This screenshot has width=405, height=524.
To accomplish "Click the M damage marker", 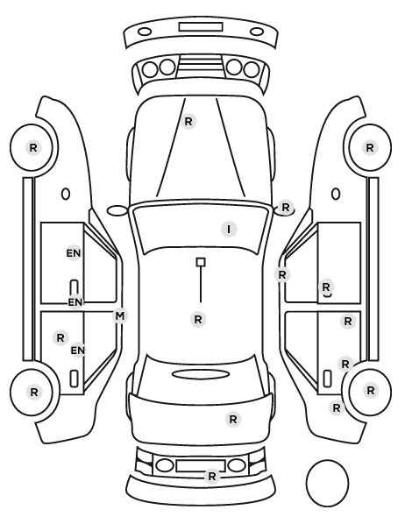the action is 120,315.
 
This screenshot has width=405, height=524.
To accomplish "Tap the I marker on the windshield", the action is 229,230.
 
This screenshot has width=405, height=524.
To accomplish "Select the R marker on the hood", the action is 188,121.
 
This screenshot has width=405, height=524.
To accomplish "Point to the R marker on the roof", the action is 198,319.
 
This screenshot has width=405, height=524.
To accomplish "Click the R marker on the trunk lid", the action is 233,419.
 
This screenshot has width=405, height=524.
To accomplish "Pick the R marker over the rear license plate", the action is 211,476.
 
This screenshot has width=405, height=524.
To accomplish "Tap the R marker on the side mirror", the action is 285,207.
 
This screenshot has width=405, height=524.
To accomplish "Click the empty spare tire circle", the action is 327,483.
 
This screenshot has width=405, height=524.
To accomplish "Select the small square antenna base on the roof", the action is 201,262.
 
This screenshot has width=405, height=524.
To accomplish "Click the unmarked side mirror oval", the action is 117,210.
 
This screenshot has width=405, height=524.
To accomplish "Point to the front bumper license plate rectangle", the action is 201,27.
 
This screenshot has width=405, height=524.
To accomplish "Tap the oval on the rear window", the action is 201,374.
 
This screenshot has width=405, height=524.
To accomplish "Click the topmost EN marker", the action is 74,253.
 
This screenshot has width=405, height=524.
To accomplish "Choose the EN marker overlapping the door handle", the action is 75,302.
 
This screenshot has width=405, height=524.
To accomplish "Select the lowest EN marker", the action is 78,351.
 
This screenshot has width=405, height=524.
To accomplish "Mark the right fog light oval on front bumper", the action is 257,32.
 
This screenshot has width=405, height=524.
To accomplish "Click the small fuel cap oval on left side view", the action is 66,194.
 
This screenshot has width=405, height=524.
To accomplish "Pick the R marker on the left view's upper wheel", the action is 33,147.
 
